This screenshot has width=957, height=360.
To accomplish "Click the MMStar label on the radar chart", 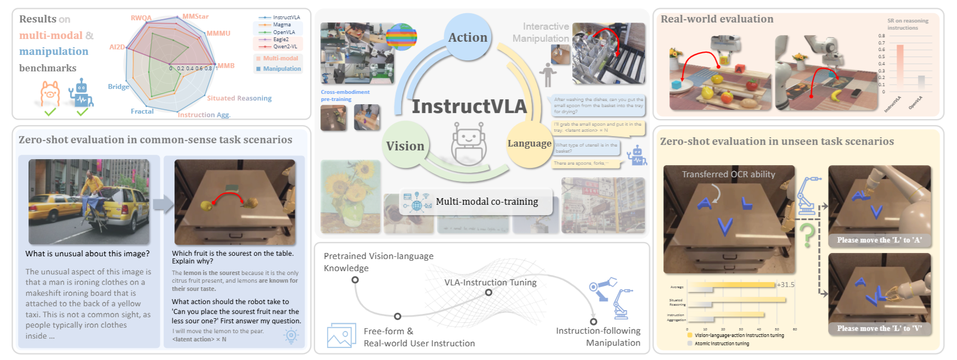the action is tap(195, 16).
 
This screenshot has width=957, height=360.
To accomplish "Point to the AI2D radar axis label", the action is tap(117, 47).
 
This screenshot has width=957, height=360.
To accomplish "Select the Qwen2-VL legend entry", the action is tap(285, 47).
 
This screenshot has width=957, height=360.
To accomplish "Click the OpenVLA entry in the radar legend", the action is tap(284, 32).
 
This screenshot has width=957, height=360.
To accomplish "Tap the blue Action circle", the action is tap(468, 37).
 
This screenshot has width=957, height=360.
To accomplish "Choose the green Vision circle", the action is tap(405, 146).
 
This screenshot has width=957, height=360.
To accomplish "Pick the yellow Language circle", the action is tap(529, 144).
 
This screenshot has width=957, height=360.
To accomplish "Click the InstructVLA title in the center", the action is tap(469, 106).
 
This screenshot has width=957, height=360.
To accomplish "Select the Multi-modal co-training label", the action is tap(487, 202).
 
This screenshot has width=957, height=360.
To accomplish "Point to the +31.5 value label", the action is tap(785, 285).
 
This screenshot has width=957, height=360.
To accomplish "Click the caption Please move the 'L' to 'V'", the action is tap(879, 329).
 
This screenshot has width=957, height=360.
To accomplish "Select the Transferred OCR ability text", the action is tap(728, 175).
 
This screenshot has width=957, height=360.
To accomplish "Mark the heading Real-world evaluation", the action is tap(717, 19).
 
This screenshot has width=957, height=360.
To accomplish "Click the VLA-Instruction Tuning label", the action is tap(490, 283).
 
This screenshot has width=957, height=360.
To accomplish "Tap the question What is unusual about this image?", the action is tap(87, 254).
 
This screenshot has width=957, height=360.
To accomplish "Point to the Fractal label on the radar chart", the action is tap(142, 111).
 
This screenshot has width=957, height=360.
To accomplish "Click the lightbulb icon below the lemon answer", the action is tap(291, 335).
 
